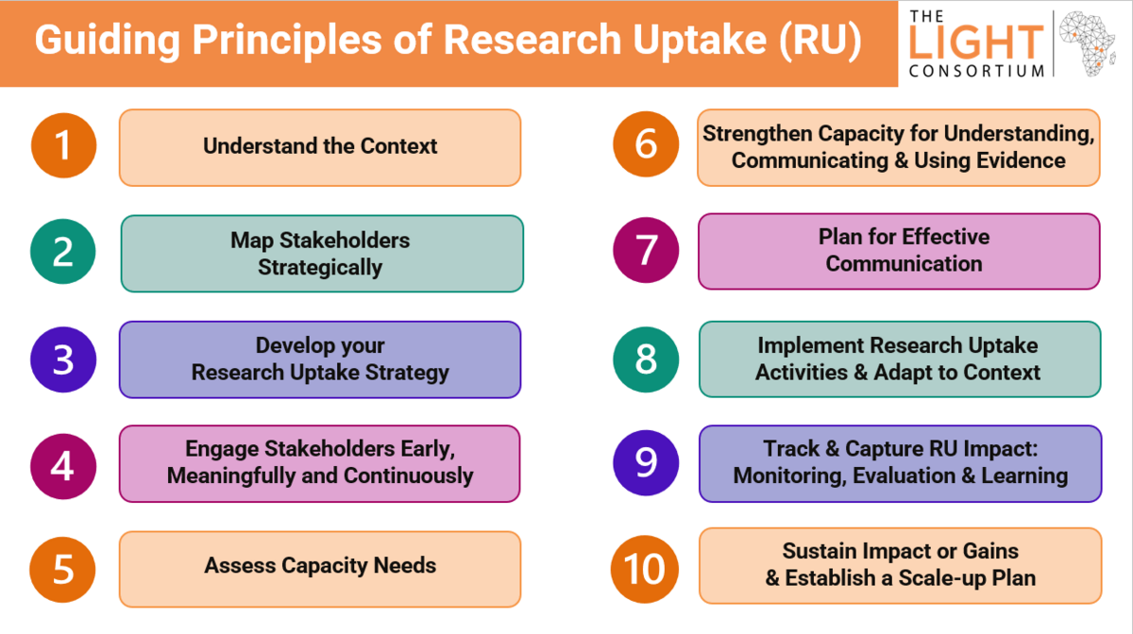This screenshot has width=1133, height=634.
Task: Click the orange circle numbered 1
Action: [x=64, y=145]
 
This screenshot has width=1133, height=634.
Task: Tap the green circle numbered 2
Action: [x=63, y=251]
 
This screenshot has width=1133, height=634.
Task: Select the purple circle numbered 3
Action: [x=63, y=359]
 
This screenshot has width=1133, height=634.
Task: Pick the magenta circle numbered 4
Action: [x=63, y=466]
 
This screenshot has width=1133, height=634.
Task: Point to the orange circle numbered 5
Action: [x=62, y=569]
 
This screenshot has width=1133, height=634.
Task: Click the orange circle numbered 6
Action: [x=646, y=144]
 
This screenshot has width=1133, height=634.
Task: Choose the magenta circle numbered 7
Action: [x=646, y=250]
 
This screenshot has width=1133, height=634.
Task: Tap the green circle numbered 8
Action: [x=646, y=359]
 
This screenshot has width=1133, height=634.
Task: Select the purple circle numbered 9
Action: [x=646, y=462]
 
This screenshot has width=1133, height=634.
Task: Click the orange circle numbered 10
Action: [x=645, y=569]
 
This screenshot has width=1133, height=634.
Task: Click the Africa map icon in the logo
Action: [x=1088, y=43]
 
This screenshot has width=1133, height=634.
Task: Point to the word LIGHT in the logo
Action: [x=976, y=42]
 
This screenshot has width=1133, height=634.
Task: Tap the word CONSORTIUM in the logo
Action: [x=976, y=71]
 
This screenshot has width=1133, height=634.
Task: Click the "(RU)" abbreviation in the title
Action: [x=820, y=41]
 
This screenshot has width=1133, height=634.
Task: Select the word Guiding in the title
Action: [x=108, y=41]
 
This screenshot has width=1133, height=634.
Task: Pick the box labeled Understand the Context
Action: [x=320, y=147]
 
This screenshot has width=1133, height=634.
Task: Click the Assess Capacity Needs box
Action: [x=320, y=569]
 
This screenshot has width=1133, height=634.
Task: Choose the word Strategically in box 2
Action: [x=320, y=267]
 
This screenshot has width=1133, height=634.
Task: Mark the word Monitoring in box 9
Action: [x=789, y=475]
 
